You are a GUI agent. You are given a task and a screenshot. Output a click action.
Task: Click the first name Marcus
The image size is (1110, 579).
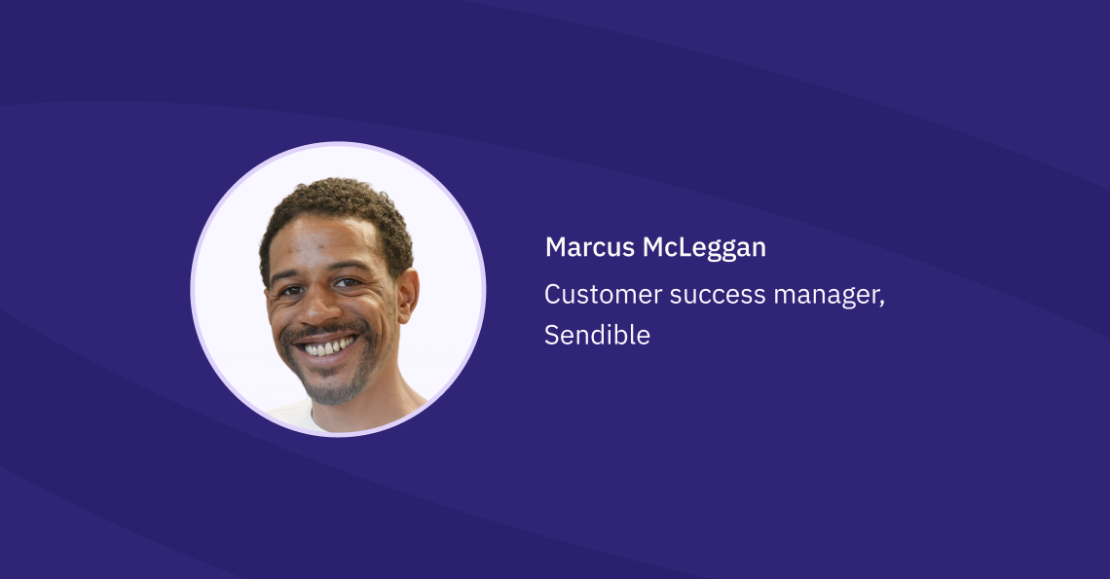point(590,248)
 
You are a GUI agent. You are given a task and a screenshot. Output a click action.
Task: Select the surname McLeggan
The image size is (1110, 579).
point(704,248)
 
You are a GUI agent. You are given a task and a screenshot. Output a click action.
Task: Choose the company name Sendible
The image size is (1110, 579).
point(597,336)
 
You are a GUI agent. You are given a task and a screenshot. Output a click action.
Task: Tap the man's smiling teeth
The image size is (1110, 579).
point(328,345)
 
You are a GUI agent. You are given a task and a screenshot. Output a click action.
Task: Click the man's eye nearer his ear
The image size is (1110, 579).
point(348,283)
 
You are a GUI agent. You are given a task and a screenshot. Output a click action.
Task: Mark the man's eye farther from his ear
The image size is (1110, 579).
point(289,291)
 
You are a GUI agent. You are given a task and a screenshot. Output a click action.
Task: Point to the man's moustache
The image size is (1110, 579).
point(321,331)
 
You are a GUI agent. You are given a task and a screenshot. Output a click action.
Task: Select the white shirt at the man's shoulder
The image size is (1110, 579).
point(292,414)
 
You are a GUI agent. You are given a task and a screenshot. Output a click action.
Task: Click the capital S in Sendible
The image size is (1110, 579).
point(552,336)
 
